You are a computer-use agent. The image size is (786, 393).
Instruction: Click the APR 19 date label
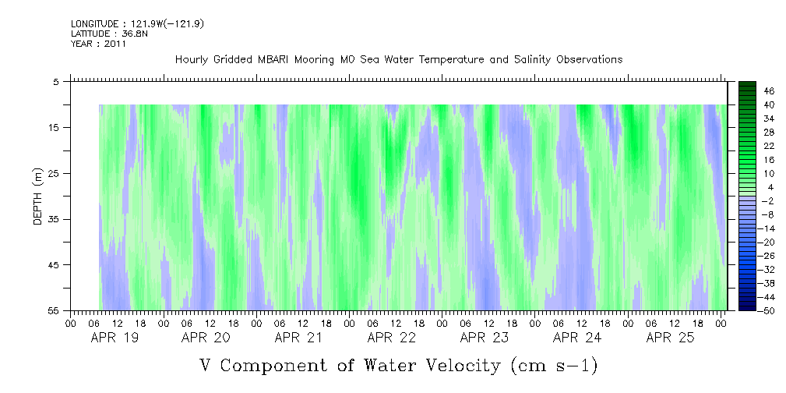115,338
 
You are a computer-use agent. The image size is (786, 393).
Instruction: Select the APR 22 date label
391,338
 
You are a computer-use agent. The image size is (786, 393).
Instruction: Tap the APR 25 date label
670,338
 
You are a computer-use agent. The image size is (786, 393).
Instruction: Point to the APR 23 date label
484,338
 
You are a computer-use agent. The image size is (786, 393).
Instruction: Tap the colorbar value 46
769,90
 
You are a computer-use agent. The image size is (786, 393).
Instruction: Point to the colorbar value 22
769,146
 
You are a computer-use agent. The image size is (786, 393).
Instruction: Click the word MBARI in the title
280,60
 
